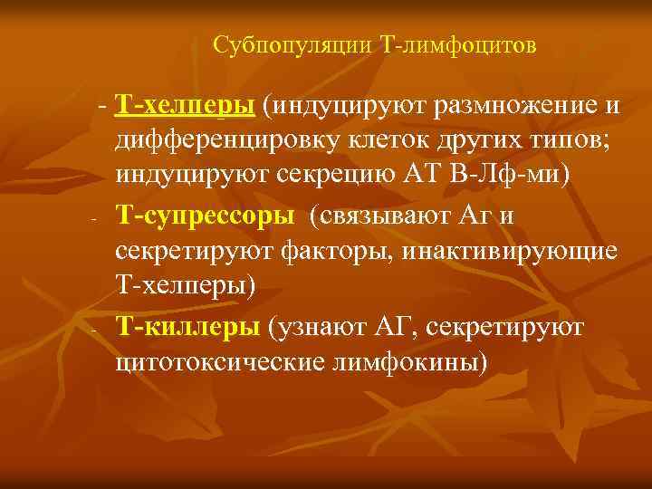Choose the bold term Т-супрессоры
[x=205, y=216]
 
